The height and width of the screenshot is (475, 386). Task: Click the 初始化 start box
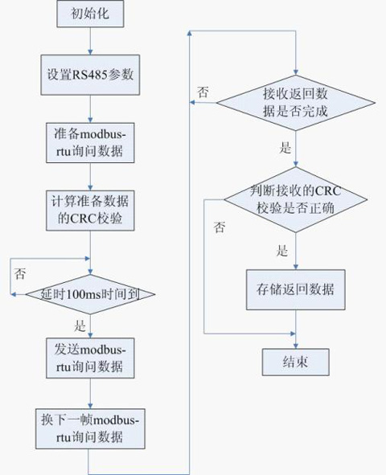(x=90, y=14)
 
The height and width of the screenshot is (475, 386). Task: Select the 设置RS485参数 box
(x=90, y=75)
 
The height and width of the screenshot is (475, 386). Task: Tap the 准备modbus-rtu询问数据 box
(x=90, y=143)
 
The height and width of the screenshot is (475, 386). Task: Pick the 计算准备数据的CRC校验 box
(x=90, y=211)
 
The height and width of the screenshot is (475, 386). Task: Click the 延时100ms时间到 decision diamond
(x=90, y=294)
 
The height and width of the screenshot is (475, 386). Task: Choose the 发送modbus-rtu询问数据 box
(x=90, y=358)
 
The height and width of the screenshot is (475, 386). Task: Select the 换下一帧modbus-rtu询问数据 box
(x=90, y=428)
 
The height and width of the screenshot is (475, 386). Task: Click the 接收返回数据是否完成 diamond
(x=296, y=103)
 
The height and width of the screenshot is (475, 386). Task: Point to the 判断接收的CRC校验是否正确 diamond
(x=296, y=199)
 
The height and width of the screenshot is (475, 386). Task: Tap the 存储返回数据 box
(x=296, y=289)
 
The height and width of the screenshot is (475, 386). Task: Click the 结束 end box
(x=296, y=362)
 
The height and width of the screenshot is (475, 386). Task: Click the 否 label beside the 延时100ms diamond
(x=20, y=273)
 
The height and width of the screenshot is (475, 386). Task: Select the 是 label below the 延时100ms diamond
(x=80, y=326)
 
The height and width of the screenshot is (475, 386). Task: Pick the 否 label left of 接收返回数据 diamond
(x=203, y=92)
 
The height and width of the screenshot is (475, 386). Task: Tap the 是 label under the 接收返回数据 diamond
(x=285, y=148)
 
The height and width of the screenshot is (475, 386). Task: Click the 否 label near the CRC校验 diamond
(x=220, y=227)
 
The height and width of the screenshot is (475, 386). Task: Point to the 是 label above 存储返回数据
(x=282, y=251)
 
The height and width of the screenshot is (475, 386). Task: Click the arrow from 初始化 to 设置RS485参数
(x=90, y=41)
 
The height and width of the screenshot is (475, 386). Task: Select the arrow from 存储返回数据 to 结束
(x=296, y=330)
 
